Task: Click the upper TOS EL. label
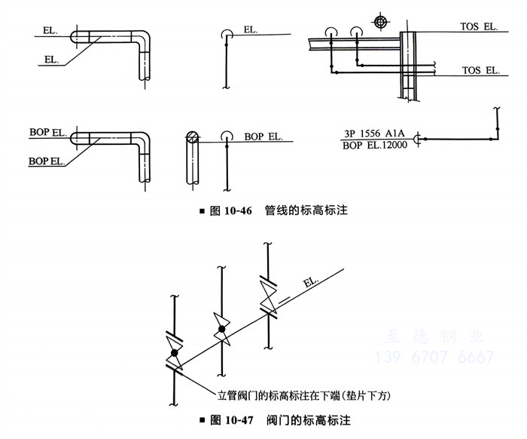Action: click(479, 26)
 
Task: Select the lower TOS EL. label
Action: click(480, 70)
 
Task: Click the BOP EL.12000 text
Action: click(375, 145)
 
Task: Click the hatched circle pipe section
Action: click(193, 137)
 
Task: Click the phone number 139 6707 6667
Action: click(434, 358)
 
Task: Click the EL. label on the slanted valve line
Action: click(310, 283)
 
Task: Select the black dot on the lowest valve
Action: click(174, 352)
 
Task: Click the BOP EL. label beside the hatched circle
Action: click(263, 137)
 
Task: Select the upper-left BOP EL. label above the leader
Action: click(47, 132)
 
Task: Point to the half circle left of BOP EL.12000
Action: click(422, 140)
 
